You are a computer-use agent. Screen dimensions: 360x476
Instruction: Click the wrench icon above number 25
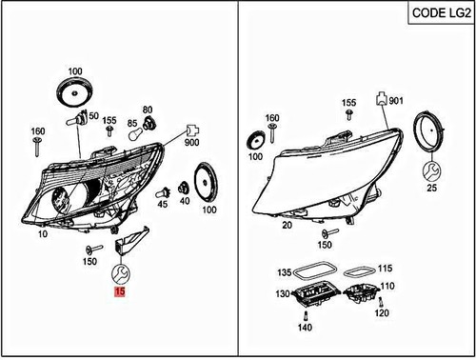coord(433,170)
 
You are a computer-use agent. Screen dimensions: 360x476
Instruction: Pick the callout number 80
coord(148,110)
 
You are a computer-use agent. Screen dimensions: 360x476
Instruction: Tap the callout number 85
coord(133,125)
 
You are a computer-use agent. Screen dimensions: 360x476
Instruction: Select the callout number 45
coord(163,203)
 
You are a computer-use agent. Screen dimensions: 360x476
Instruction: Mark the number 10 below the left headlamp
coord(42,233)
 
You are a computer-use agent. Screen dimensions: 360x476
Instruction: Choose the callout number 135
coord(284,271)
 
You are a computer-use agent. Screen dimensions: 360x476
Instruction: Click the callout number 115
coord(386,270)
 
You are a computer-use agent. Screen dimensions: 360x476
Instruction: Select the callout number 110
coord(387,286)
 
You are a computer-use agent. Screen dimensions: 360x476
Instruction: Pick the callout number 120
coord(382,313)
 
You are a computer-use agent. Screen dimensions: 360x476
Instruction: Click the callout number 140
coord(306,328)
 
